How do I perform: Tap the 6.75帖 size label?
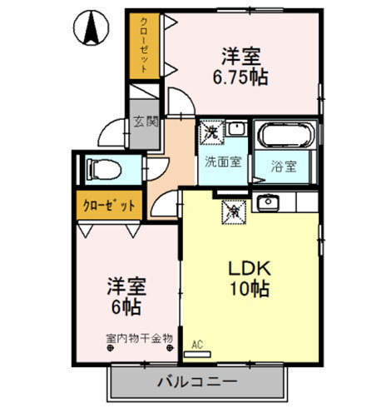click(240, 77)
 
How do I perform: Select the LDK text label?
click(247, 269)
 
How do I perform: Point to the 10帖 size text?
click(247, 291)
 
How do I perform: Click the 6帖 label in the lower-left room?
click(126, 307)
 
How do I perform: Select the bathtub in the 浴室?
click(285, 135)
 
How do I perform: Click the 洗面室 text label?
click(224, 162)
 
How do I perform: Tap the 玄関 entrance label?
click(145, 121)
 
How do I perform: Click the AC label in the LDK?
click(197, 343)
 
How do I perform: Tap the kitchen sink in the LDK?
click(267, 202)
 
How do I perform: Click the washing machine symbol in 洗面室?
click(212, 131)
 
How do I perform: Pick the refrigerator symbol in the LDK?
click(234, 211)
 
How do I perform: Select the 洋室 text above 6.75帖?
click(241, 57)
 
